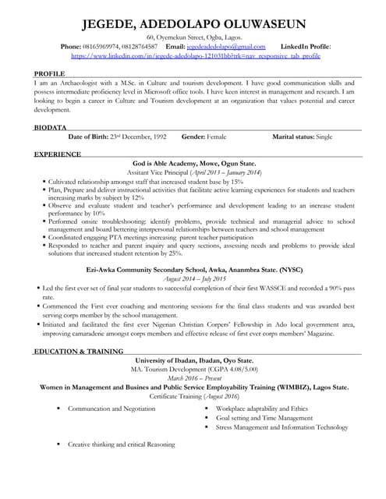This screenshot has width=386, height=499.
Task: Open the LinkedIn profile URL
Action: click(195, 56)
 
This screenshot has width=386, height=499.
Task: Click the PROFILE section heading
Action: click(50, 73)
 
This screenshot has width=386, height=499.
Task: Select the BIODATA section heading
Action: click(51, 126)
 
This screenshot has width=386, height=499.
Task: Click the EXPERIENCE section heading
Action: click(58, 154)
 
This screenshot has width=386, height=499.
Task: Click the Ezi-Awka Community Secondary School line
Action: click(194, 270)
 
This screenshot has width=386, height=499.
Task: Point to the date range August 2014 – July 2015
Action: click(194, 278)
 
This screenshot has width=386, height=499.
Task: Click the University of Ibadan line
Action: click(194, 361)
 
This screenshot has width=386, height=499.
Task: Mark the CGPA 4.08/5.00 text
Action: click(230, 370)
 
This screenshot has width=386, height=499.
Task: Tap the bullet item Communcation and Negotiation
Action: click(111, 409)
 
